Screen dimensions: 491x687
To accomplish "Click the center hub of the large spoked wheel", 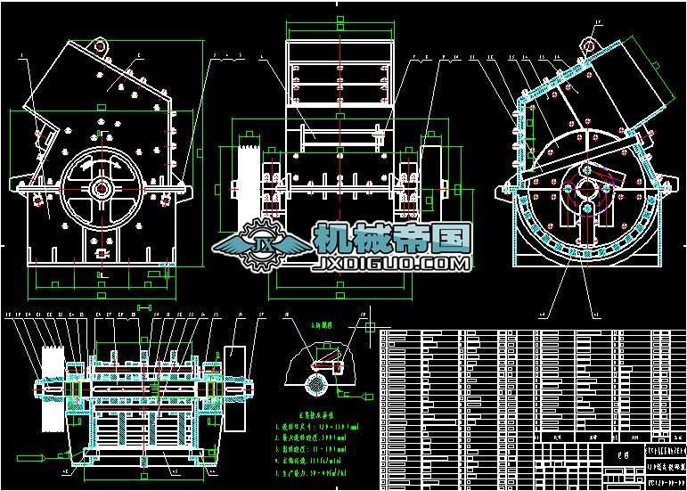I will [x=100, y=189].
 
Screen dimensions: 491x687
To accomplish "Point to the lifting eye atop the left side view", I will [x=99, y=45].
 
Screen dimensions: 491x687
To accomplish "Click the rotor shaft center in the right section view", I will [x=585, y=188].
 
